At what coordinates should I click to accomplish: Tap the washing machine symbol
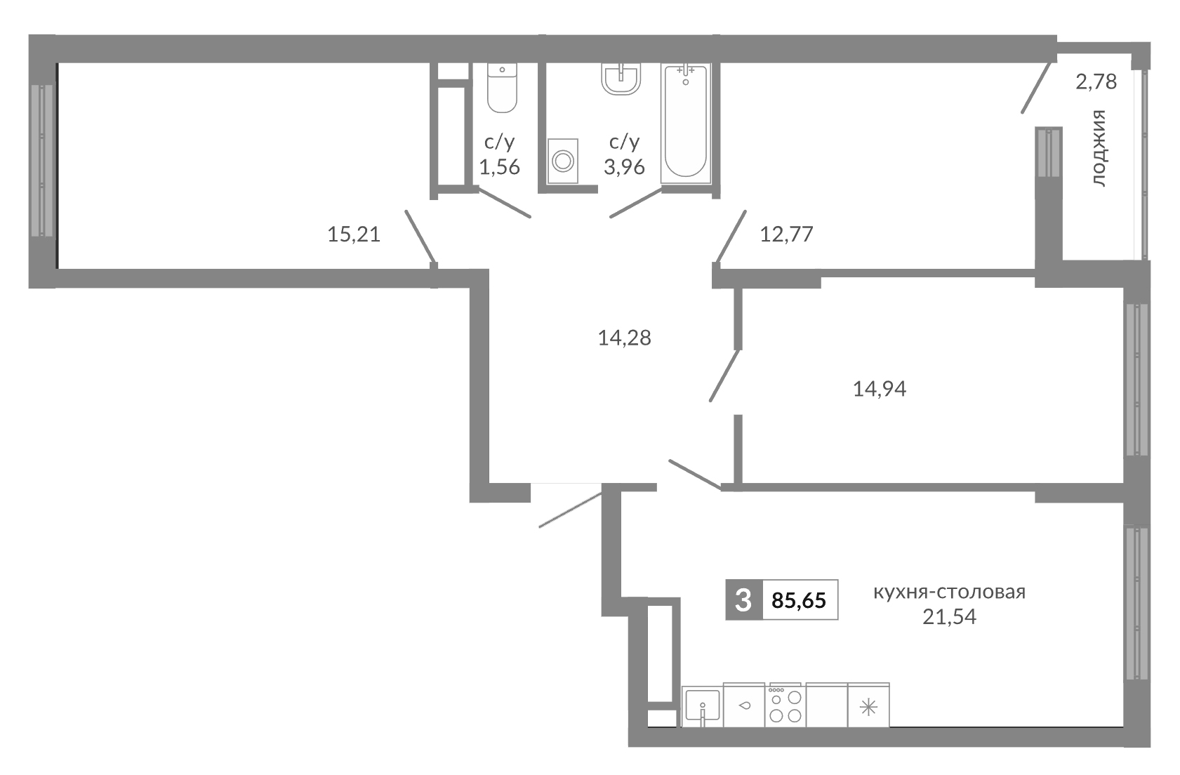[x=562, y=161]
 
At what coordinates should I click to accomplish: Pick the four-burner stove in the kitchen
[x=785, y=705]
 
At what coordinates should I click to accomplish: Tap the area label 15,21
[x=354, y=234]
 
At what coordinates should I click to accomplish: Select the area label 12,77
[x=786, y=234]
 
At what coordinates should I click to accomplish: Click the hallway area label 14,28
[x=624, y=338]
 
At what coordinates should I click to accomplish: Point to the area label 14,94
[x=879, y=389]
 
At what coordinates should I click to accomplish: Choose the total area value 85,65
[x=799, y=601]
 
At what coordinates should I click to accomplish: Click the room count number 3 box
[x=743, y=601]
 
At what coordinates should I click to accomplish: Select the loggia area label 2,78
[x=1096, y=82]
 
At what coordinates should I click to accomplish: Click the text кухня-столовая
[x=949, y=592]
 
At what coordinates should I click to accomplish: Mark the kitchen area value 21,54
[x=950, y=618]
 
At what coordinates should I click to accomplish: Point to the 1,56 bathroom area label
[x=499, y=167]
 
